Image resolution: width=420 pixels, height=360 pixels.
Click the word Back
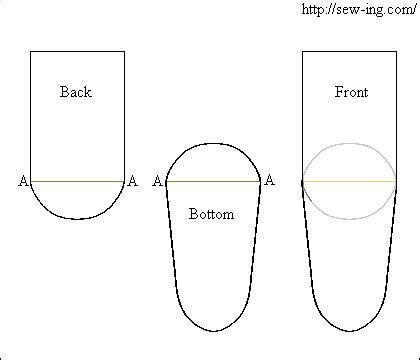click(x=75, y=92)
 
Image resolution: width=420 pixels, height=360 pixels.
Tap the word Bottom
click(x=211, y=214)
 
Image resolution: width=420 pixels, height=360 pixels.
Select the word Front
click(x=350, y=92)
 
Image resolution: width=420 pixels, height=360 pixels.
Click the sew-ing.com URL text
click(x=357, y=9)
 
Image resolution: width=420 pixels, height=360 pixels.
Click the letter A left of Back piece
click(x=22, y=181)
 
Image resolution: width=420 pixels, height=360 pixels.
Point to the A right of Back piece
click(x=133, y=181)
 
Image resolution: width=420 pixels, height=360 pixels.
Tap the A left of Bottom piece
click(x=157, y=181)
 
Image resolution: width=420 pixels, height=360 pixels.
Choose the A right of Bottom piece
click(x=268, y=181)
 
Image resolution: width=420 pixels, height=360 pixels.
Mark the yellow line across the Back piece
click(x=77, y=181)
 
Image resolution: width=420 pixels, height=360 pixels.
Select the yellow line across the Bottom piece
click(x=212, y=181)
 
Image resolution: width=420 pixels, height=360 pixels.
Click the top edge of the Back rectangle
click(x=77, y=50)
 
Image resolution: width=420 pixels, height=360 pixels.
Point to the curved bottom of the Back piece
click(x=77, y=218)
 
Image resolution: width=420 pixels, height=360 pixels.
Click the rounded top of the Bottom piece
click(x=212, y=143)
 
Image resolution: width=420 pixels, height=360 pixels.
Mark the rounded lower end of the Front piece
click(x=349, y=332)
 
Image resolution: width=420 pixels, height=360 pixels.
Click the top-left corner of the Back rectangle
click(x=30, y=50)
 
